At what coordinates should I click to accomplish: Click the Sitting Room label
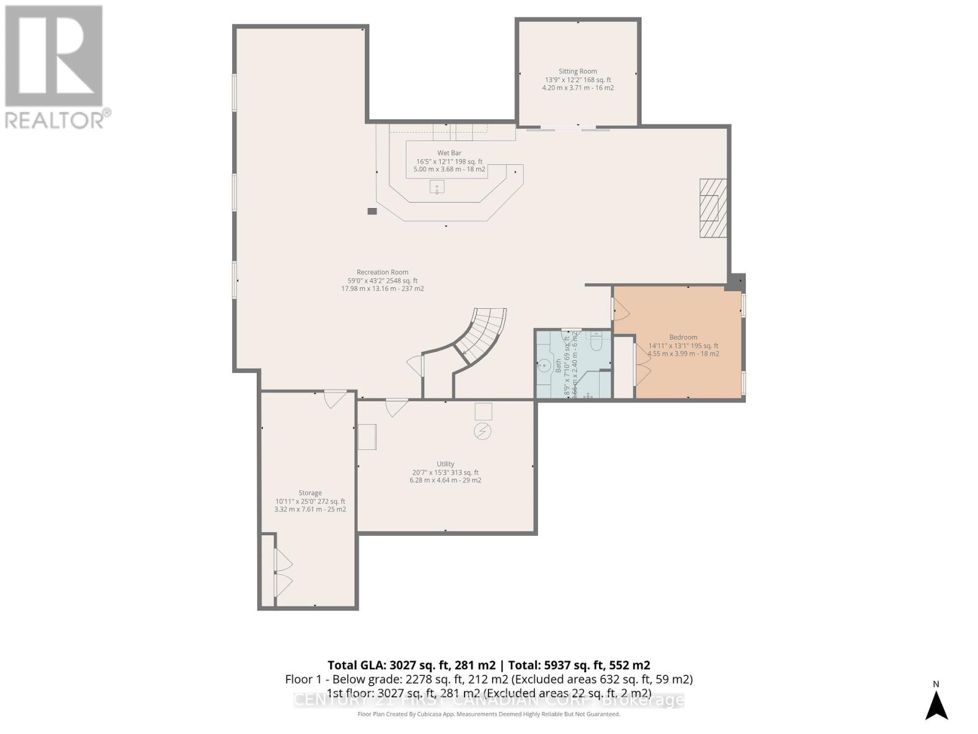coord(578,72)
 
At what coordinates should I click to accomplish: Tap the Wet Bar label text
coord(449,153)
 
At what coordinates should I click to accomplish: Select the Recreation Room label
coord(383,272)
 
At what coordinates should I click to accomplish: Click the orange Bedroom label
coord(683,337)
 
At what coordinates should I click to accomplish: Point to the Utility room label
coord(446,464)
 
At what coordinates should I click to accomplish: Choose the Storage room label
coord(310,492)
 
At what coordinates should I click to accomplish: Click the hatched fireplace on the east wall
coord(713,208)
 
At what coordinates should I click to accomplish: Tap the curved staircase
coord(483,333)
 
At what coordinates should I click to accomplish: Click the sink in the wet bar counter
coord(437,187)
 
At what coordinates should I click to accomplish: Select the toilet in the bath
coord(597,343)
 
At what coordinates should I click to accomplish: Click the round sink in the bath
coord(543,366)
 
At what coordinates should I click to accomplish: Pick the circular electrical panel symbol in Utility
coord(483,431)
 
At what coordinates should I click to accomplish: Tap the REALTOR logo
coord(55,67)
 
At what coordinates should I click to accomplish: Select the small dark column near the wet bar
coord(372,211)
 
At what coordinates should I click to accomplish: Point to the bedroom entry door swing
coord(621,311)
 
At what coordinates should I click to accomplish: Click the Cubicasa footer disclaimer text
coord(488,714)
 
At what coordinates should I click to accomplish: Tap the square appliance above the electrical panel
coord(483,411)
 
